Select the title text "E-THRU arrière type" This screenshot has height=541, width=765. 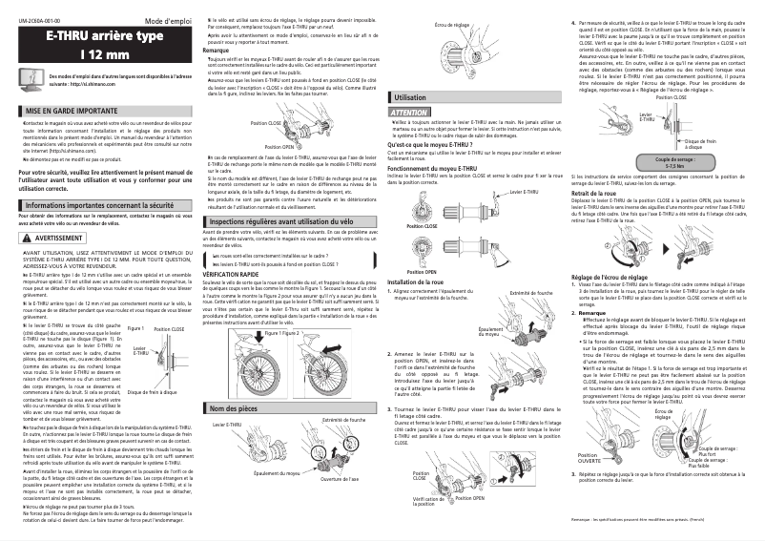click(x=98, y=35)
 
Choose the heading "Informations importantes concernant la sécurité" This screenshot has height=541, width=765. click(x=100, y=205)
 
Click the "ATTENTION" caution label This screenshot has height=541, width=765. click(x=409, y=113)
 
